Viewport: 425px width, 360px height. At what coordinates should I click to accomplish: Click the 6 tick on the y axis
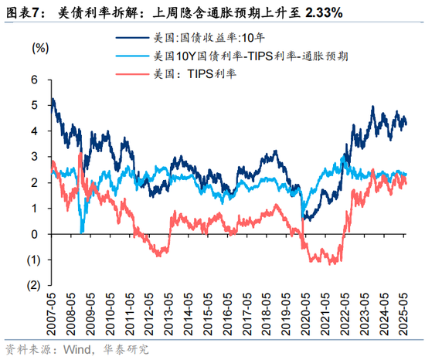(x=35, y=80)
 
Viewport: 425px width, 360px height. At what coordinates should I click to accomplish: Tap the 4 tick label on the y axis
(x=35, y=131)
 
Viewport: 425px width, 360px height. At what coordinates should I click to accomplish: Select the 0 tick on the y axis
(x=35, y=233)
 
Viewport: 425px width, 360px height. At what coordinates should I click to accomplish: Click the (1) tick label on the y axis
(x=33, y=259)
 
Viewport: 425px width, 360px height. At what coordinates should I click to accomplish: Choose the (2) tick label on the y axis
(x=33, y=284)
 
